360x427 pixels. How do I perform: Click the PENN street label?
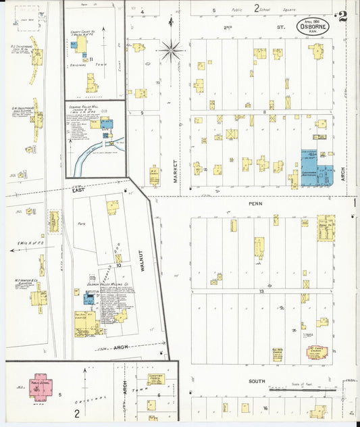click(255, 203)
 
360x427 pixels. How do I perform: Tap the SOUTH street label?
click(256, 382)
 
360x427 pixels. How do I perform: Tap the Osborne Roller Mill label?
click(82, 107)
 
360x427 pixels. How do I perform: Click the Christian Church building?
click(156, 380)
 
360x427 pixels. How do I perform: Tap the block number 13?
click(259, 291)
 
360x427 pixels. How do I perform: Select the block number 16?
click(265, 408)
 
